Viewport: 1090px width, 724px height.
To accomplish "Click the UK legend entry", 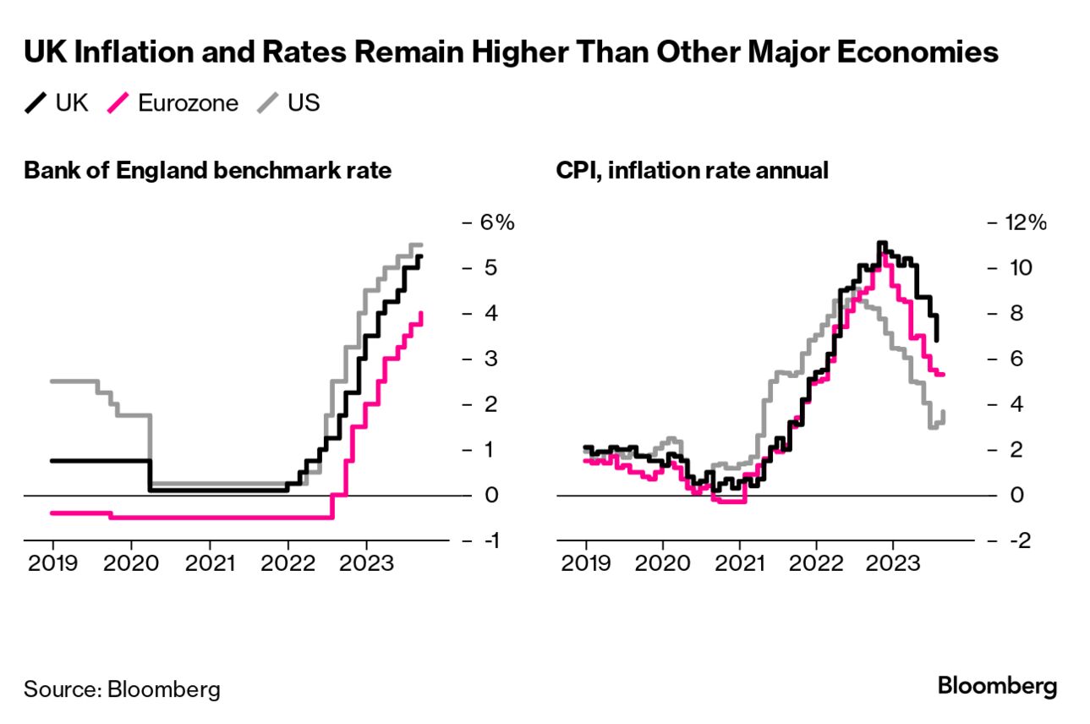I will pos(57,104).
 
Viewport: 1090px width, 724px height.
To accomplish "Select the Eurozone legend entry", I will pos(176,104).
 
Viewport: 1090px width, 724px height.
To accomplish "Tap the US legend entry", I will pos(292,104).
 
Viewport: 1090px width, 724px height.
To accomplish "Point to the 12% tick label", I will pos(1027,222).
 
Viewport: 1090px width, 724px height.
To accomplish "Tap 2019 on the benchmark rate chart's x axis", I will pos(52,564).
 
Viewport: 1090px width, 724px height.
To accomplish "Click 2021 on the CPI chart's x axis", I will pos(740,564).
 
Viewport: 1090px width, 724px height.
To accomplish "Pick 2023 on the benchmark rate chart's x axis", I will pos(365,564).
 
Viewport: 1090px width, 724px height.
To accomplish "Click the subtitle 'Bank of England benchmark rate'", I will pos(208,171).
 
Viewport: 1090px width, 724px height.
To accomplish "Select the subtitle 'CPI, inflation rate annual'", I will pos(692,171).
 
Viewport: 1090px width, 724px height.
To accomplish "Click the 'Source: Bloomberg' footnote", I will pos(122,688).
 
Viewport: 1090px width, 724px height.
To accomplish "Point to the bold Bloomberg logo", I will pos(997,686).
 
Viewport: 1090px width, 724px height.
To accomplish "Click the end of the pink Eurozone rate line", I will pos(421,314).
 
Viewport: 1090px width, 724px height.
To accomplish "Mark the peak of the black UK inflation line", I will pos(882,244).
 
